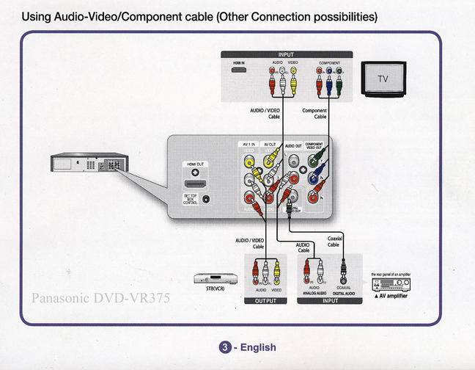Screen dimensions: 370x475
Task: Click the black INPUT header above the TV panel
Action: click(x=286, y=54)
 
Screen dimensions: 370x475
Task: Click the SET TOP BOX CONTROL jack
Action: click(x=206, y=199)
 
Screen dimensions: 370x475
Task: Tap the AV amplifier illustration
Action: click(x=391, y=284)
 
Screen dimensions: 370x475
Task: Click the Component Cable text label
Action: click(x=314, y=114)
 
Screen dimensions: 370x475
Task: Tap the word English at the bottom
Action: click(x=256, y=347)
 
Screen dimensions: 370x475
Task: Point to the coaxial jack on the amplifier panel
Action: click(x=341, y=278)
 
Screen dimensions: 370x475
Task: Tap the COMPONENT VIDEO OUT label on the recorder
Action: click(x=314, y=146)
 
